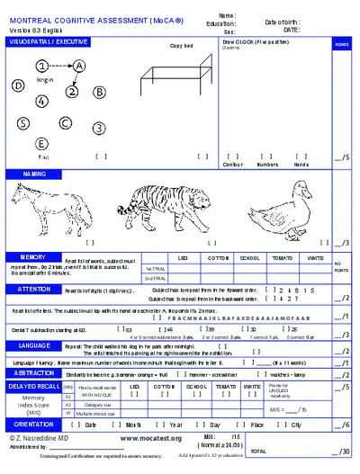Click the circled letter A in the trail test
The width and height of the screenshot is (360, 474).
[x=79, y=66]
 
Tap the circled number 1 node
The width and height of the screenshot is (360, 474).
[x=42, y=66]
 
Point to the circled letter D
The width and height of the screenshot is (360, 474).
[x=17, y=86]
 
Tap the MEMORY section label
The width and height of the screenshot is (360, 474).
[x=27, y=256]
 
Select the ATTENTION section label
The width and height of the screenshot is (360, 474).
[x=33, y=289]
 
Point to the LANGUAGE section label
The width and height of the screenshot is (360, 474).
[x=33, y=344]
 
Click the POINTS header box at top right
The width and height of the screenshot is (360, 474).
[x=342, y=43]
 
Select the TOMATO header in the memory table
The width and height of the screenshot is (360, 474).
[x=282, y=257]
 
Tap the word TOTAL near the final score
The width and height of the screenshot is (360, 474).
[x=258, y=451]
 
